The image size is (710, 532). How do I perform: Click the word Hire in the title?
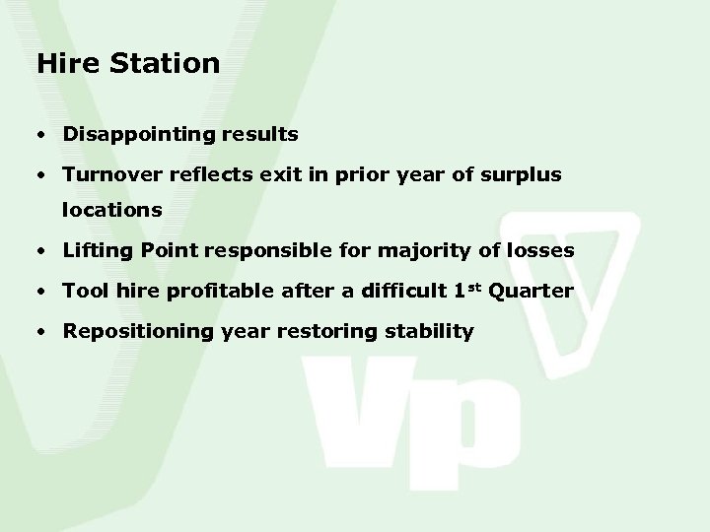[65, 63]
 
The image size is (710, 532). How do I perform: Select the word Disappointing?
[126, 132]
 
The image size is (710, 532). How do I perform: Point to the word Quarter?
[532, 292]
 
